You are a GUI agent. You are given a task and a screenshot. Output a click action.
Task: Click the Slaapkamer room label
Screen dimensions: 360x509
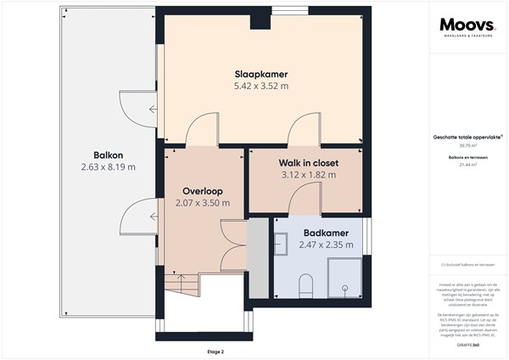260,73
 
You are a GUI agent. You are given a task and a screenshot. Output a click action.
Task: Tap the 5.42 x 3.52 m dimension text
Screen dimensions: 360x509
260,86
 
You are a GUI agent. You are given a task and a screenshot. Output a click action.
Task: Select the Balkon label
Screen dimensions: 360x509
109,155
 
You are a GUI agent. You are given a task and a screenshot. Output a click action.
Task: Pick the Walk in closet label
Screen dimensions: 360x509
308,162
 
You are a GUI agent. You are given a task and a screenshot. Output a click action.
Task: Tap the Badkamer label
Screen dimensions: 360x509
325,233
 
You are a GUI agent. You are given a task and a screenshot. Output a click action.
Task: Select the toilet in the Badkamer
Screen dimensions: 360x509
307,286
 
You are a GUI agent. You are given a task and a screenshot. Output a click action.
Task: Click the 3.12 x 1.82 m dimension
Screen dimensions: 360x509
308,175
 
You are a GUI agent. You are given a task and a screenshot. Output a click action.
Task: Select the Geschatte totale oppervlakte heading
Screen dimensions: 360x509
467,137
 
